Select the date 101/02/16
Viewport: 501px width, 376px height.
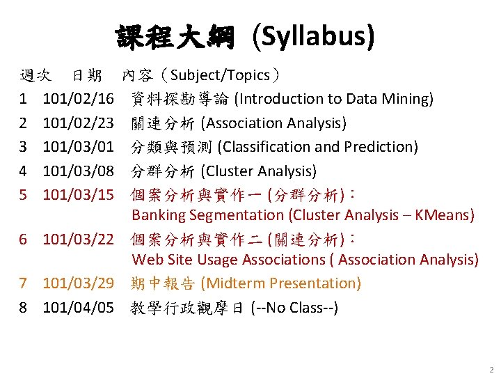78,100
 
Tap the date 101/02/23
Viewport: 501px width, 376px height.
78,123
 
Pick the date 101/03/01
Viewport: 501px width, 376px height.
78,147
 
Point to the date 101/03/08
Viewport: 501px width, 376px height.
78,171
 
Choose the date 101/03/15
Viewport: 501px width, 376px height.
78,194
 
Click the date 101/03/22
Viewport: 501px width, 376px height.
78,239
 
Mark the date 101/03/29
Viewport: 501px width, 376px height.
78,283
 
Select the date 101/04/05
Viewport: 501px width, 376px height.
78,307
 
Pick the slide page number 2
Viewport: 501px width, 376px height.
491,370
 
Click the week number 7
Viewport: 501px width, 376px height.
23,283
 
